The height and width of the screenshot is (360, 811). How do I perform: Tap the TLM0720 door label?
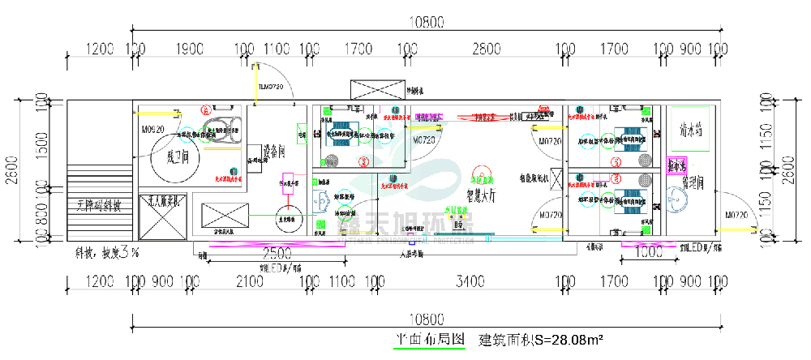(270, 86)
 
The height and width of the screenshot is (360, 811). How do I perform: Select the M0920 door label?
(152, 129)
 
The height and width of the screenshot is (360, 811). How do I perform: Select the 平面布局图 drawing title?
(429, 339)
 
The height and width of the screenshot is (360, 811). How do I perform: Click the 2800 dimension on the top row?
(486, 49)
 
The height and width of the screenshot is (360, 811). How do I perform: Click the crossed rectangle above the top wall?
(376, 88)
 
